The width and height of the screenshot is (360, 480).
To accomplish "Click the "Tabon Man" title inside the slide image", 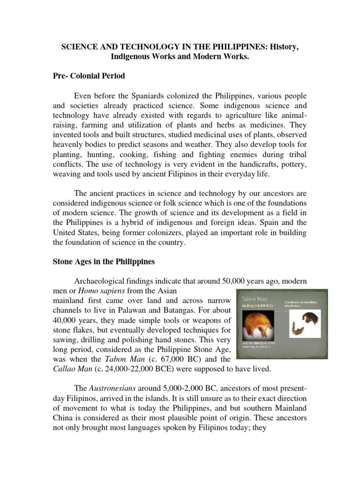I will [x=255, y=298].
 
